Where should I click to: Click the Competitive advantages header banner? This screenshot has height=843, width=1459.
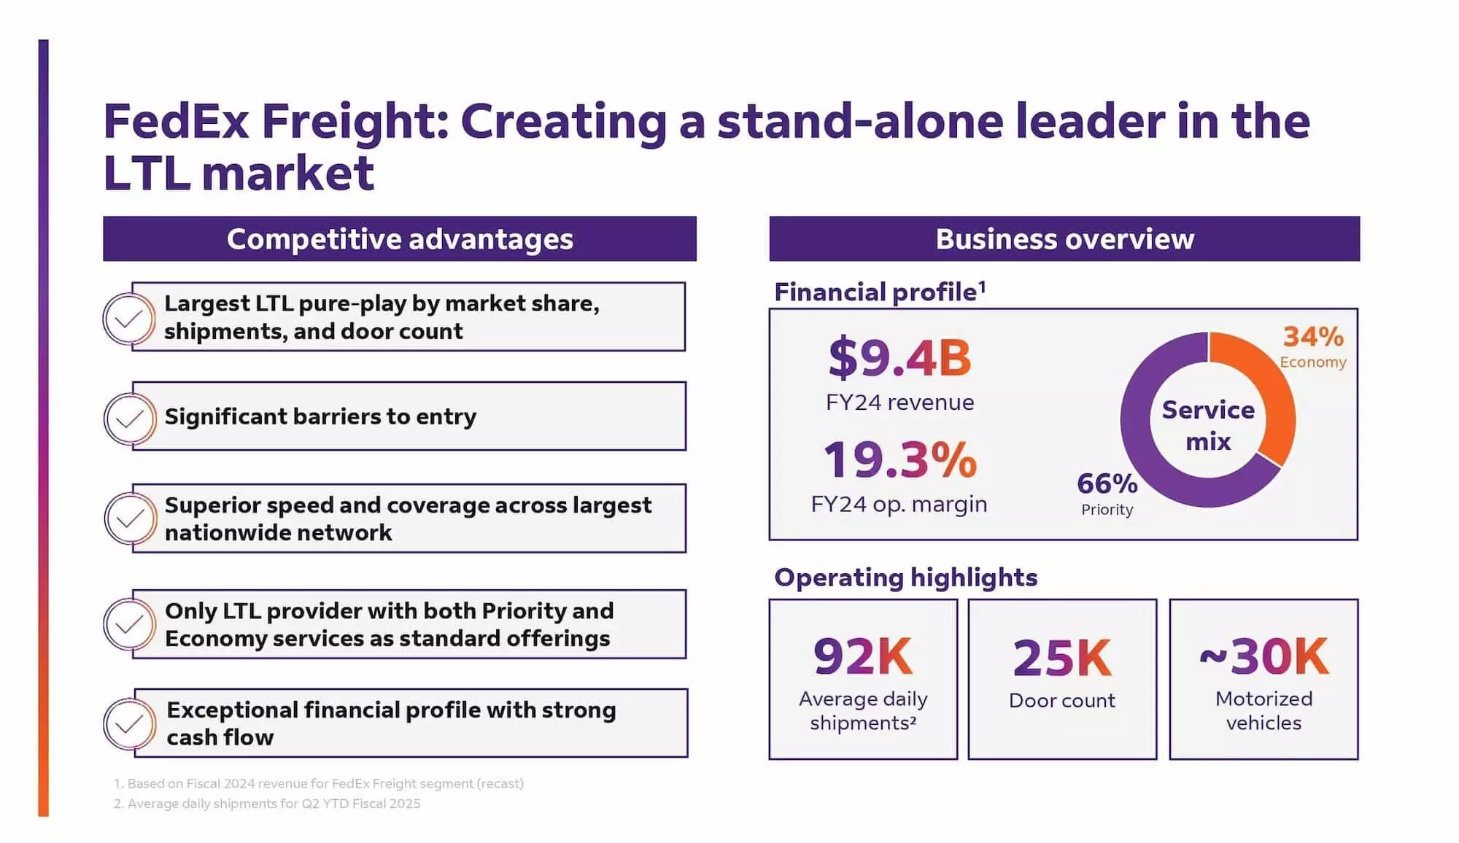click(x=400, y=239)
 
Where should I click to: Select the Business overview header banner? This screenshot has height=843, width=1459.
click(x=1064, y=239)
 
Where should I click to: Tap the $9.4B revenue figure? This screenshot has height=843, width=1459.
click(x=899, y=358)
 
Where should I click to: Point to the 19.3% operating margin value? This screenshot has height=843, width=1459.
click(x=899, y=460)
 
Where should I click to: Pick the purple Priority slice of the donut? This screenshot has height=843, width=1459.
click(x=1145, y=452)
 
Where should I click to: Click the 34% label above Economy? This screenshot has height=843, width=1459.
click(x=1313, y=337)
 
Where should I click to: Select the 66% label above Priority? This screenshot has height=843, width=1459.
click(x=1107, y=483)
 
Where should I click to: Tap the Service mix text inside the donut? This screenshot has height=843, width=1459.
click(x=1208, y=425)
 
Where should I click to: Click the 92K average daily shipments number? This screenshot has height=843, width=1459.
click(x=863, y=656)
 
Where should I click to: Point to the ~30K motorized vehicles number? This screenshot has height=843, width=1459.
click(x=1263, y=656)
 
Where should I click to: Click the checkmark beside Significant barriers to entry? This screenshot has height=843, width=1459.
click(x=130, y=419)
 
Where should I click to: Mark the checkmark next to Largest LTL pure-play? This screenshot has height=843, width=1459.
click(x=129, y=319)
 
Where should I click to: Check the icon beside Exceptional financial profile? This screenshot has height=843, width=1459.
click(x=130, y=723)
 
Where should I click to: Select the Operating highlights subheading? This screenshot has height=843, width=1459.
click(x=905, y=578)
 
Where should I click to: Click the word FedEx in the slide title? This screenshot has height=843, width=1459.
click(x=177, y=121)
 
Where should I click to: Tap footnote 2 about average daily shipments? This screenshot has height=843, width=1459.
click(x=267, y=804)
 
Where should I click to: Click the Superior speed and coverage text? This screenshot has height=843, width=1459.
click(x=408, y=518)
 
